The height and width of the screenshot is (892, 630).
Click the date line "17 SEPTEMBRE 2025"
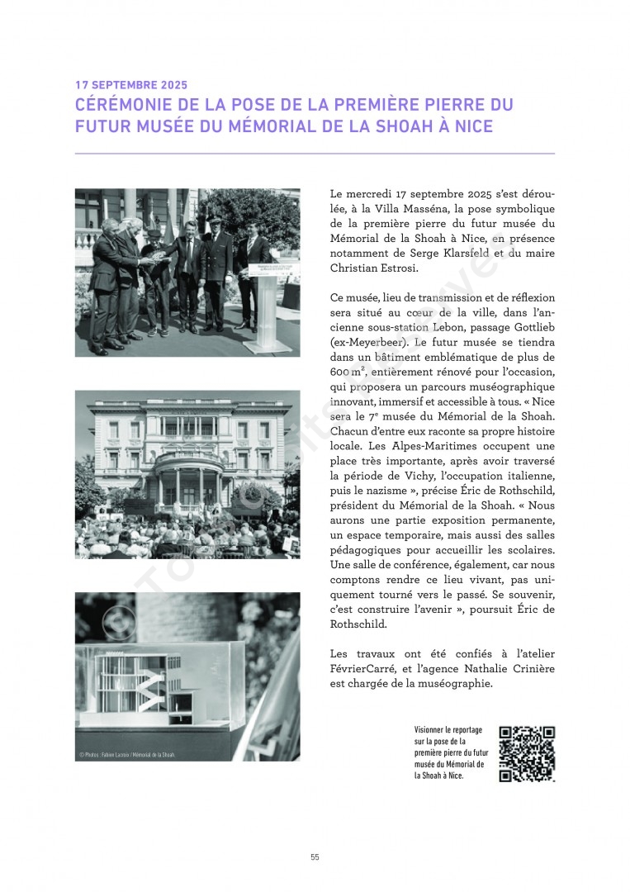131,85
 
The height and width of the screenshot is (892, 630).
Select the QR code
527,753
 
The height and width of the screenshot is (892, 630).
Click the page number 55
315,857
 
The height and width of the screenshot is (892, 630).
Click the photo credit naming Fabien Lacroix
128,755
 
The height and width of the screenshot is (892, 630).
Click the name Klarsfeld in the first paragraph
467,254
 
